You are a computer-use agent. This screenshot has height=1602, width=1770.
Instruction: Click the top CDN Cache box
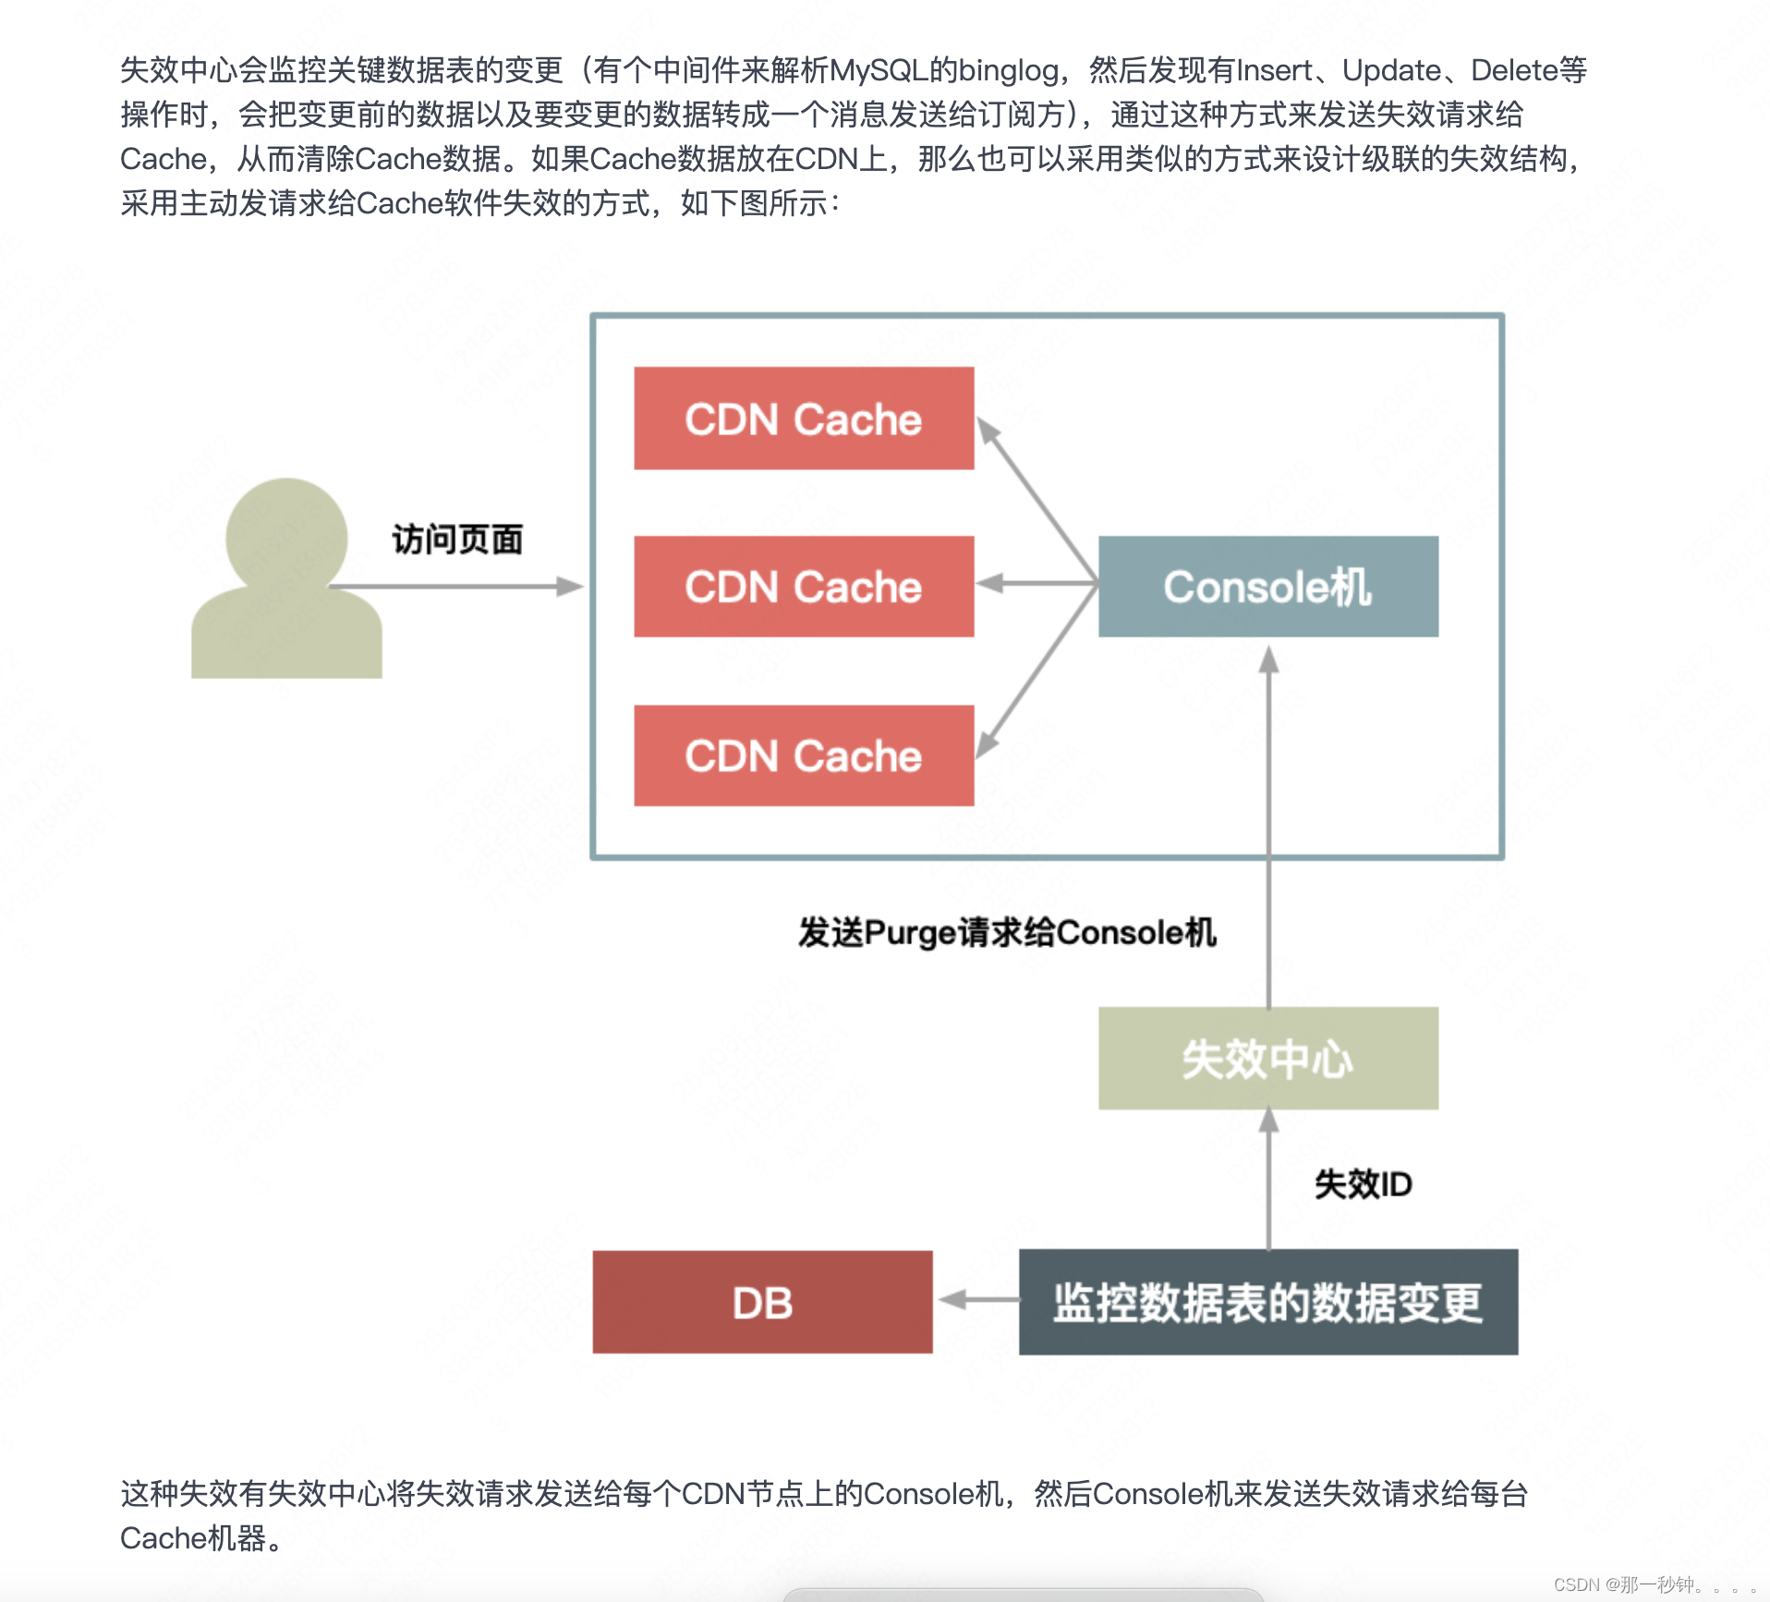[804, 419]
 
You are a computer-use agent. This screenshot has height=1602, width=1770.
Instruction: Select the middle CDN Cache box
[804, 587]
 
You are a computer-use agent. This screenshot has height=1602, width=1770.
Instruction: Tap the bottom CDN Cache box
[804, 756]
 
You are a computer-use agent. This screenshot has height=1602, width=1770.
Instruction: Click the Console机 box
[1267, 587]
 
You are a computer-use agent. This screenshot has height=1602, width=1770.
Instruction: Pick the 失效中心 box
[1267, 1058]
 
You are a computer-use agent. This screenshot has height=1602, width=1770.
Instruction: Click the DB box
[762, 1303]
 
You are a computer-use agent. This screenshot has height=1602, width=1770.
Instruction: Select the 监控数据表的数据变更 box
[1267, 1303]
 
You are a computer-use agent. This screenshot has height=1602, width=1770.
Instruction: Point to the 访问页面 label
[457, 540]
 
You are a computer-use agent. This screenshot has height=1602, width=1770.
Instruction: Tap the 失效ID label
[1363, 1183]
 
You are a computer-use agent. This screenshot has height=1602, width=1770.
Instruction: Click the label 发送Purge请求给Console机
[1007, 932]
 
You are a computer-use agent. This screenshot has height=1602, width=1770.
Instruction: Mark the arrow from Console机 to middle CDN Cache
[1035, 584]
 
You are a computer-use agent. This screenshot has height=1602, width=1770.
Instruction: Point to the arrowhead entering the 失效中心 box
[1268, 1121]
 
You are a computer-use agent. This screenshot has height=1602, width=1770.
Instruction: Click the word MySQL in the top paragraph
[879, 70]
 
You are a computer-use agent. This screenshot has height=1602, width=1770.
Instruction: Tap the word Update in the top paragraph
[1391, 70]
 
